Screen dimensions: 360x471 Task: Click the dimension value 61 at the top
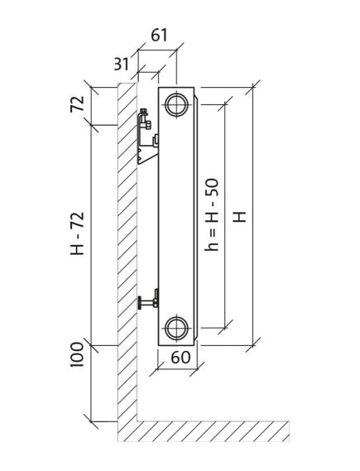[x=159, y=36]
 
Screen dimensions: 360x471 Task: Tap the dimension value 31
[x=122, y=64]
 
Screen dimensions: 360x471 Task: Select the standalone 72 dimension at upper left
[x=77, y=104]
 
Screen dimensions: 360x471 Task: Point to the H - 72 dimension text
[x=77, y=233]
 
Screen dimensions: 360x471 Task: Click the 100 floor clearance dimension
[x=77, y=354]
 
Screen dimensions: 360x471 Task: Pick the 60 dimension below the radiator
[x=180, y=358]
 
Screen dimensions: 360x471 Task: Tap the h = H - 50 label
[x=211, y=214]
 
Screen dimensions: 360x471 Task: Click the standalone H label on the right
[x=240, y=217]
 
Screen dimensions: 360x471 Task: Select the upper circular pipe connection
[x=177, y=105]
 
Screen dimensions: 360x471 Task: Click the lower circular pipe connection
[x=176, y=328]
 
